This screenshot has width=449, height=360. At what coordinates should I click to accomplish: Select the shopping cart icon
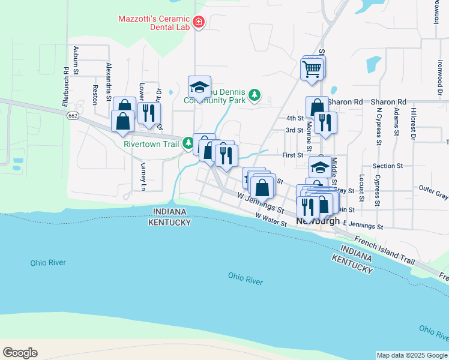click(x=312, y=70)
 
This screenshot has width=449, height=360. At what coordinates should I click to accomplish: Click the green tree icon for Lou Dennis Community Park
click(x=255, y=95)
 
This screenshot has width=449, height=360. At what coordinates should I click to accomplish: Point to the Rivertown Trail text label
click(x=152, y=144)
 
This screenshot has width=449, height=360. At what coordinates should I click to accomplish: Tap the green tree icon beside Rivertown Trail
click(x=188, y=143)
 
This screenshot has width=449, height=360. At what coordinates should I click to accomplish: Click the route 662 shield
click(x=73, y=116)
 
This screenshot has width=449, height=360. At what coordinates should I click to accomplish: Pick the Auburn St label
click(x=76, y=60)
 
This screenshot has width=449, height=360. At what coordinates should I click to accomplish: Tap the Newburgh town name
click(x=318, y=221)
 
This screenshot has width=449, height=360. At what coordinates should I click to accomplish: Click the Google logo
click(x=20, y=353)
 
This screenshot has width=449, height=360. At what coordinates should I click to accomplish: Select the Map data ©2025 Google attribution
click(x=412, y=355)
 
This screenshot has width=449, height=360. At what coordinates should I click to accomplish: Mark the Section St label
click(x=387, y=166)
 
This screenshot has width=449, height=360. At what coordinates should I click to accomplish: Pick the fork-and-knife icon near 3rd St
click(x=325, y=122)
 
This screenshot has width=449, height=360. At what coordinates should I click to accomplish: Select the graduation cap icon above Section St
click(x=320, y=166)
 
